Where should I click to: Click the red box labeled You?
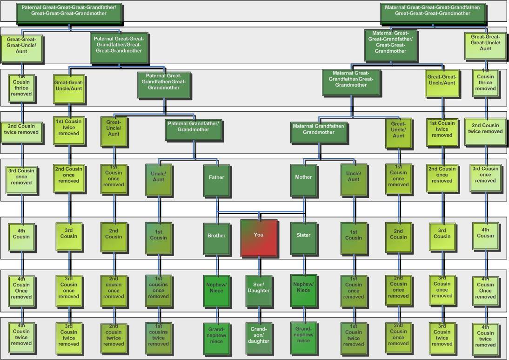click(x=259, y=238)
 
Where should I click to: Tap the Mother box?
click(x=304, y=180)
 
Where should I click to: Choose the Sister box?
click(x=304, y=238)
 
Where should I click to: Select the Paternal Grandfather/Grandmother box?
click(x=194, y=129)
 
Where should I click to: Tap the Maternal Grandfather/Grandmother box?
click(x=319, y=132)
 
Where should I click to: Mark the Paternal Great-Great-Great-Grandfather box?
click(x=69, y=14)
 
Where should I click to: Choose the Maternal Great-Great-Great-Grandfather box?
click(x=433, y=14)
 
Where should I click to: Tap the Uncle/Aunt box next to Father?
click(x=159, y=179)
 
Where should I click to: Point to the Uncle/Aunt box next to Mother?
click(x=354, y=179)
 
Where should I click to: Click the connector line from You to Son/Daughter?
click(x=260, y=266)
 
